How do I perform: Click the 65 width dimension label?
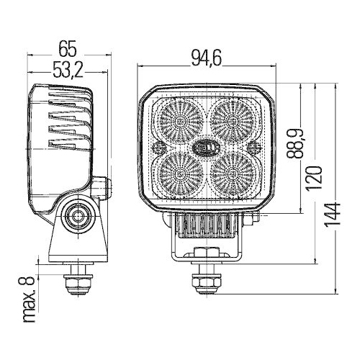(x=67, y=50)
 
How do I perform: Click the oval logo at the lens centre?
(x=205, y=145)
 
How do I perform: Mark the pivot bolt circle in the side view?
(x=76, y=215)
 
